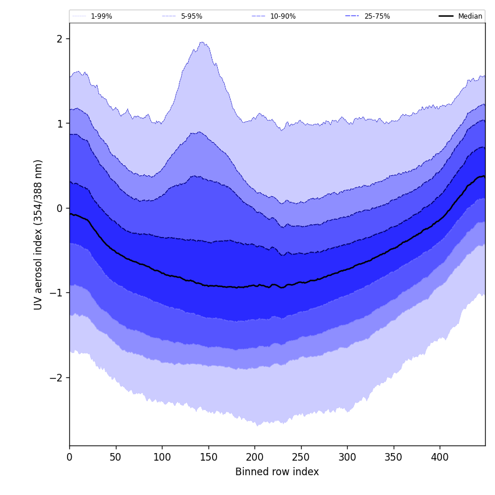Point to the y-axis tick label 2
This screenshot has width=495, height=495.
pyautogui.click(x=59, y=39)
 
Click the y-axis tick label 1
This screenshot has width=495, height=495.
pyautogui.click(x=59, y=123)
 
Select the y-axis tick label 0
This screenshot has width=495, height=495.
pyautogui.click(x=59, y=208)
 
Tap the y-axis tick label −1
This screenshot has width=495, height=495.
pyautogui.click(x=56, y=293)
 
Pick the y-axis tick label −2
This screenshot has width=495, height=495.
pyautogui.click(x=56, y=378)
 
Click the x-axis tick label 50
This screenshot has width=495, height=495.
pyautogui.click(x=115, y=457)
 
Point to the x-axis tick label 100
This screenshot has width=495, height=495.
pyautogui.click(x=162, y=457)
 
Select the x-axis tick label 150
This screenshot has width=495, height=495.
pyautogui.click(x=208, y=457)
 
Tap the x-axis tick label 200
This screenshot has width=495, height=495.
pyautogui.click(x=254, y=457)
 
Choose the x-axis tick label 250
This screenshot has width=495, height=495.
pyautogui.click(x=300, y=457)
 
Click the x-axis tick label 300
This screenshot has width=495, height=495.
pyautogui.click(x=347, y=457)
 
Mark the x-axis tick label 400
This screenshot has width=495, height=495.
pyautogui.click(x=440, y=457)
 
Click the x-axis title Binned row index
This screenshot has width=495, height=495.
pyautogui.click(x=277, y=472)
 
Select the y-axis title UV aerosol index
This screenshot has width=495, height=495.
pyautogui.click(x=38, y=234)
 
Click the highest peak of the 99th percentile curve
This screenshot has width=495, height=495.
pyautogui.click(x=202, y=42)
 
